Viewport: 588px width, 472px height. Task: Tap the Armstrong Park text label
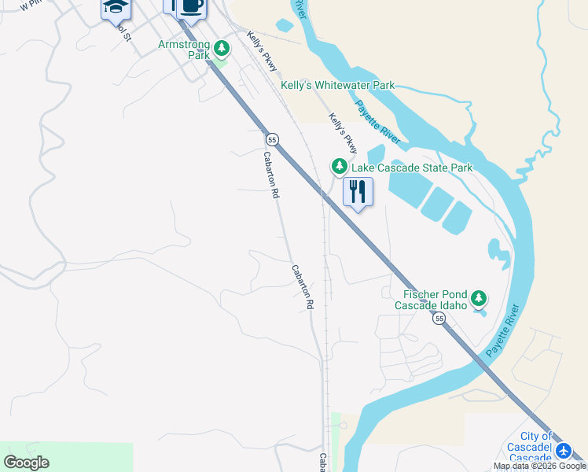(x=185, y=50)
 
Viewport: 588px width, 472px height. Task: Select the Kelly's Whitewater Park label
(x=338, y=86)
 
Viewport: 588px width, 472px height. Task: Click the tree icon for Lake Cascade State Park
(x=339, y=167)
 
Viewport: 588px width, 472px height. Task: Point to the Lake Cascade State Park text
(x=412, y=168)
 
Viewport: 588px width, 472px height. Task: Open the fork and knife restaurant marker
(x=358, y=191)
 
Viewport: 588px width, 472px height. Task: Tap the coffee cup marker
(x=191, y=6)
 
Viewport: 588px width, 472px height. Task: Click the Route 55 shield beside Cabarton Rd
(x=272, y=139)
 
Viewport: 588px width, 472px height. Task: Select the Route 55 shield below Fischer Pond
(x=439, y=318)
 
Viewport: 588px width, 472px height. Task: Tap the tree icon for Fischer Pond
(x=478, y=299)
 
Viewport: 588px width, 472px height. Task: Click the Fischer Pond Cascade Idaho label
(x=430, y=299)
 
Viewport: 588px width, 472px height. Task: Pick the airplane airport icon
(x=564, y=452)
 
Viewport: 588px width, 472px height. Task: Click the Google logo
(x=26, y=463)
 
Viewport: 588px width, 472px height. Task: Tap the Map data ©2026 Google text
(x=539, y=466)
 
